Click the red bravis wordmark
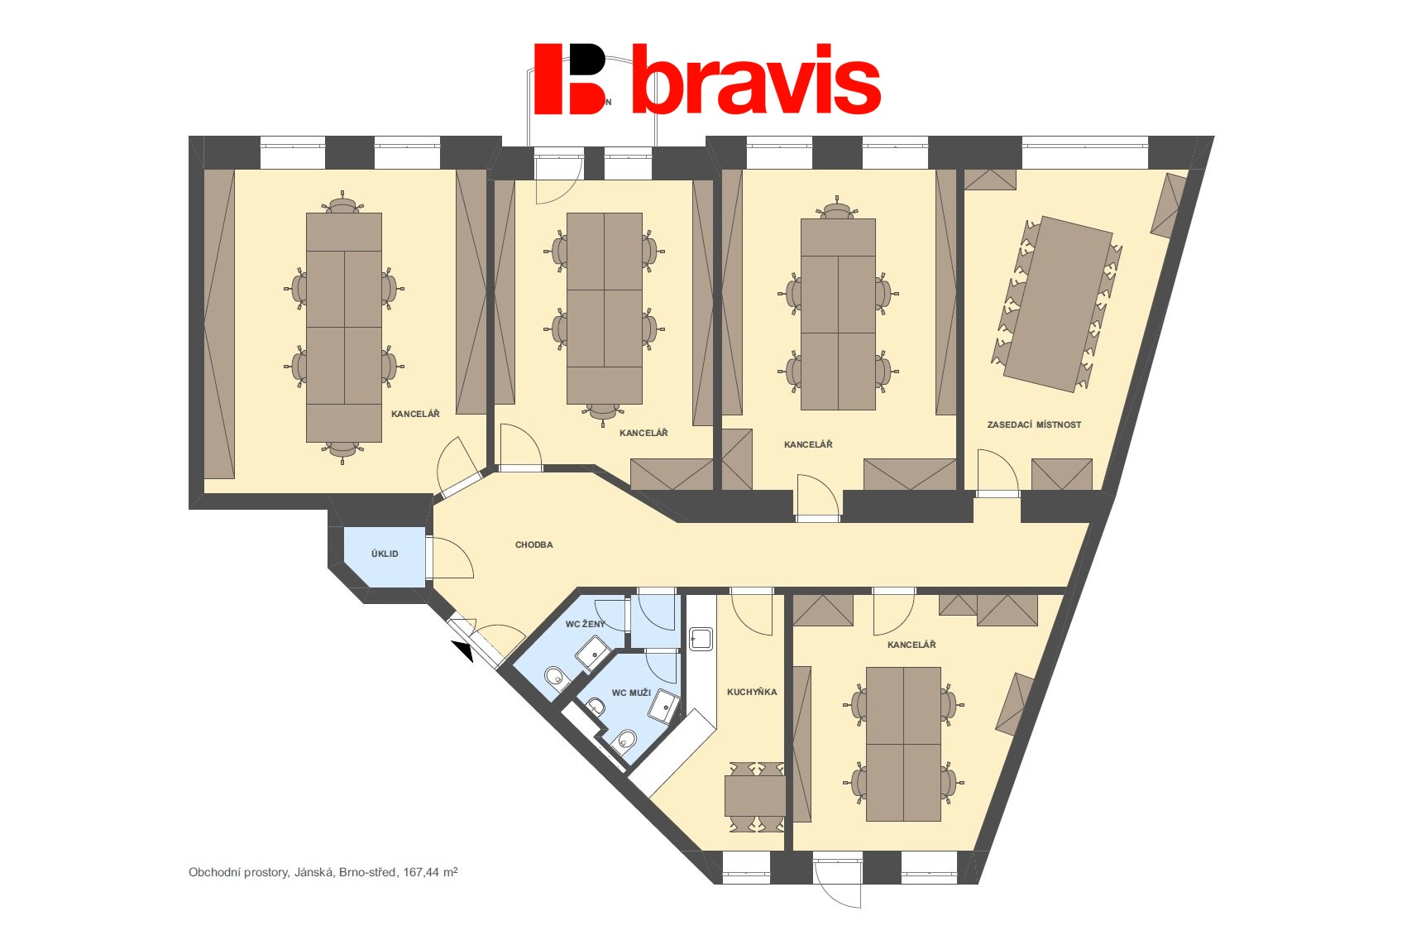pyautogui.click(x=757, y=79)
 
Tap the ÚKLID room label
pyautogui.click(x=385, y=554)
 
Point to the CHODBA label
pyautogui.click(x=534, y=544)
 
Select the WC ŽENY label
pyautogui.click(x=586, y=625)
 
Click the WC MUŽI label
pyautogui.click(x=631, y=693)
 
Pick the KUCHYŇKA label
pyautogui.click(x=752, y=692)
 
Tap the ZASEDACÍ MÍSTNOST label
pyautogui.click(x=1034, y=425)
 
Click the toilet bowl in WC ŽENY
pyautogui.click(x=555, y=676)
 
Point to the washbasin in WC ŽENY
pyautogui.click(x=592, y=654)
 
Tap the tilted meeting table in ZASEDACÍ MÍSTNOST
pyautogui.click(x=1058, y=305)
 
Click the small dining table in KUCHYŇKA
pyautogui.click(x=755, y=796)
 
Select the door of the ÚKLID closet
pyautogui.click(x=450, y=557)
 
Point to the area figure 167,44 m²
pyautogui.click(x=430, y=872)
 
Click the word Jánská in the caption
pyautogui.click(x=313, y=872)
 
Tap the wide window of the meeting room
pyautogui.click(x=1085, y=152)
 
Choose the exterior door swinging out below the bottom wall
pyautogui.click(x=838, y=881)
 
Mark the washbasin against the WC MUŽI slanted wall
pyautogui.click(x=664, y=707)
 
